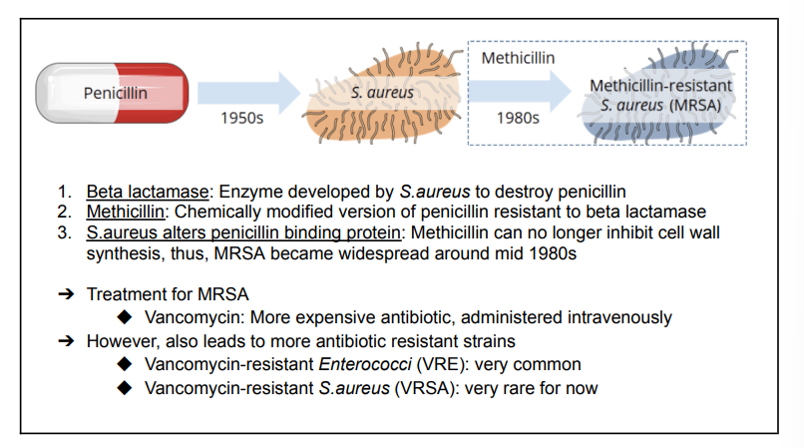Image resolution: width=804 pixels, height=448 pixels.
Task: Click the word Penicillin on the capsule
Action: click(x=116, y=93)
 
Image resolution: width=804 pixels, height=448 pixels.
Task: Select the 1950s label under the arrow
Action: click(x=242, y=118)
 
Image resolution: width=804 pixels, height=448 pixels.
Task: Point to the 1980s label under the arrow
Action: click(x=518, y=118)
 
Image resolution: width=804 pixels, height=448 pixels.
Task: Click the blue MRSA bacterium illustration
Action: click(x=659, y=95)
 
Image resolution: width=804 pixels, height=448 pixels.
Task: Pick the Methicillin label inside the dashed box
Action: click(x=518, y=58)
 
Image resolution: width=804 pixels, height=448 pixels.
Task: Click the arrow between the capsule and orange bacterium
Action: click(x=248, y=93)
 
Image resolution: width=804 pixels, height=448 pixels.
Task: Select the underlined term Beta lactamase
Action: click(x=148, y=192)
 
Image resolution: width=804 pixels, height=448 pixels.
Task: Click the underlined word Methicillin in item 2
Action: click(x=126, y=212)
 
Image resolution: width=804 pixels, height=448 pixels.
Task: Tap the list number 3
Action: click(x=64, y=232)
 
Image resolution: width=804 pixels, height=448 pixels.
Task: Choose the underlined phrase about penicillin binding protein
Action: click(x=243, y=232)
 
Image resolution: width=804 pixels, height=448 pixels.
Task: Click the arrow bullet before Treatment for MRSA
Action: click(x=66, y=294)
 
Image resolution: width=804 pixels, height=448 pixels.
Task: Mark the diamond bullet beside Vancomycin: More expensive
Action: click(x=125, y=317)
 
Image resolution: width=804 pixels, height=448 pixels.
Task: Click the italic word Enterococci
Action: click(x=365, y=364)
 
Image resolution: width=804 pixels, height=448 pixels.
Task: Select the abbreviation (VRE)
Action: click(x=442, y=364)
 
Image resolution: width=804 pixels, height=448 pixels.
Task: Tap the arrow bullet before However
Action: click(x=66, y=341)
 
